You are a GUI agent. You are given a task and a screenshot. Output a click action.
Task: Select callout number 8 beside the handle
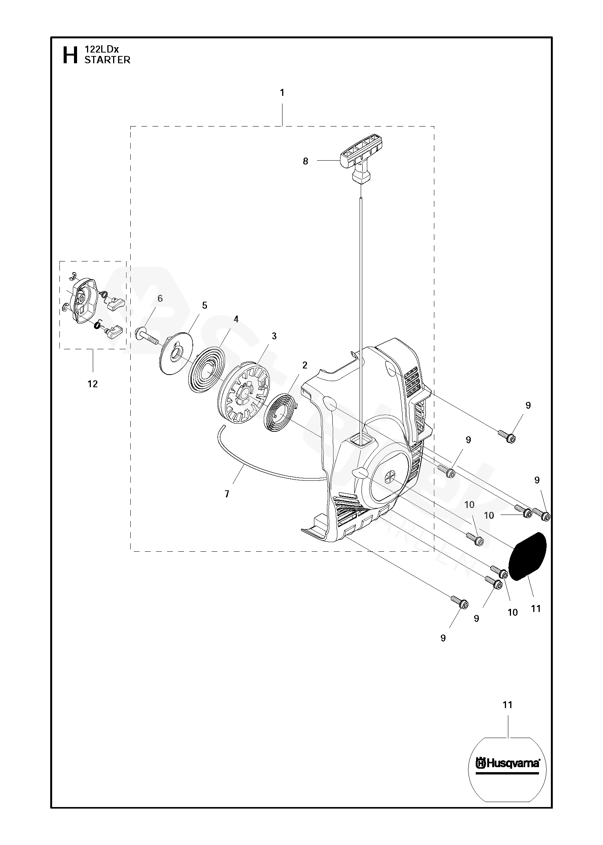306,161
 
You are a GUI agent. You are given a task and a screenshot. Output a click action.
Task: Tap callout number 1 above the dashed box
282,93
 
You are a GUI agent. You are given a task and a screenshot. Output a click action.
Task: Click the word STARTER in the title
107,60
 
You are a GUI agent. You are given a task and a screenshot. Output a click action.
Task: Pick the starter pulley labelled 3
243,395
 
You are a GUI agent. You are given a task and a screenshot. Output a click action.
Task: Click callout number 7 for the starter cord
227,495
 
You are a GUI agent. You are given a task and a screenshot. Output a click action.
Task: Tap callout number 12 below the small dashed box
93,384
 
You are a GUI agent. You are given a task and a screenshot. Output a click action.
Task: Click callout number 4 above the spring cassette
236,319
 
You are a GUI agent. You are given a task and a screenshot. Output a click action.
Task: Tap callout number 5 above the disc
204,306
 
